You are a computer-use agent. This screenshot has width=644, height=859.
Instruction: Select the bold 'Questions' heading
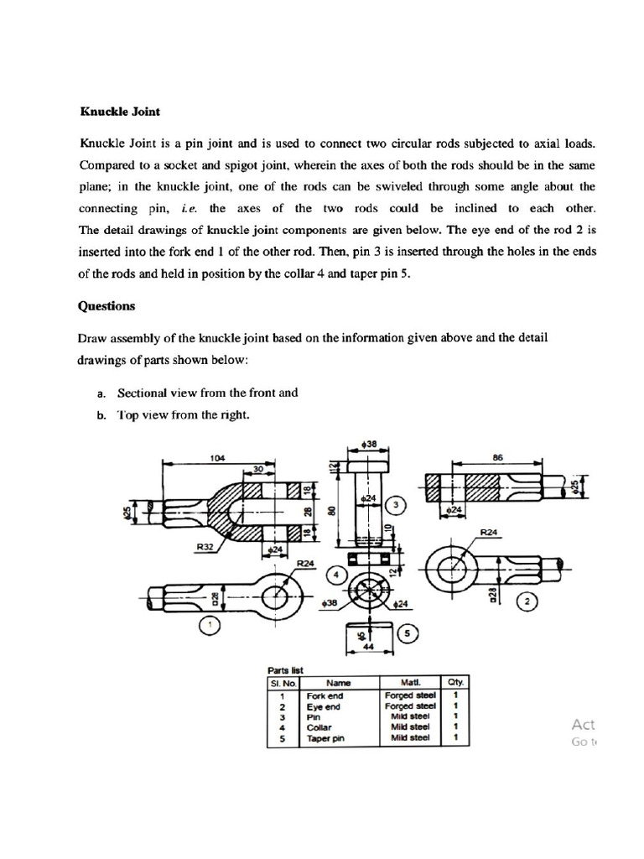click(x=106, y=306)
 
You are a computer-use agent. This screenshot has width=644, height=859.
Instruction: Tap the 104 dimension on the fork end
click(x=217, y=458)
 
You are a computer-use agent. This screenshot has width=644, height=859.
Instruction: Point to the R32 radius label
click(x=205, y=546)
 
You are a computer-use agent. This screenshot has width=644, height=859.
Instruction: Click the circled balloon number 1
click(x=211, y=625)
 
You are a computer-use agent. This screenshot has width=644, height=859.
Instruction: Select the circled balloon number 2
click(x=528, y=601)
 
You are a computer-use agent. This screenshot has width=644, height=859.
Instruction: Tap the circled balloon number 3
click(x=399, y=506)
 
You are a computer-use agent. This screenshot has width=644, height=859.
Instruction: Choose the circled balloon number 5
click(x=408, y=634)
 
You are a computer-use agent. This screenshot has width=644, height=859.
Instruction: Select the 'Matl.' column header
click(x=410, y=683)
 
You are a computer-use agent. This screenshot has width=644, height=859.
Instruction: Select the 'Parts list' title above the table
click(x=285, y=670)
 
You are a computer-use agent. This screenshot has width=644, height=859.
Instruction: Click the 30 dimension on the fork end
click(x=258, y=469)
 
